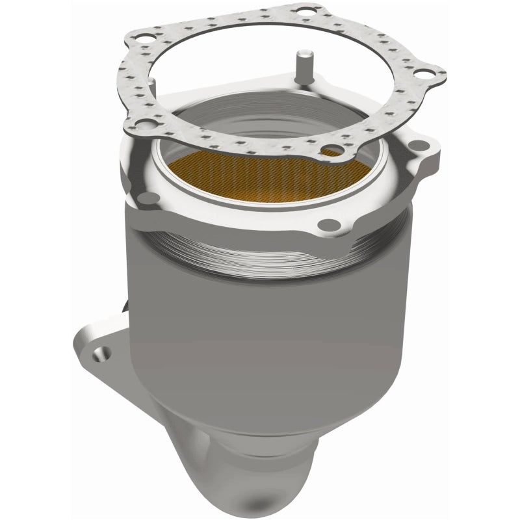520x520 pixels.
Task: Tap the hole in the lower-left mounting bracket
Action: tap(99, 354)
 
